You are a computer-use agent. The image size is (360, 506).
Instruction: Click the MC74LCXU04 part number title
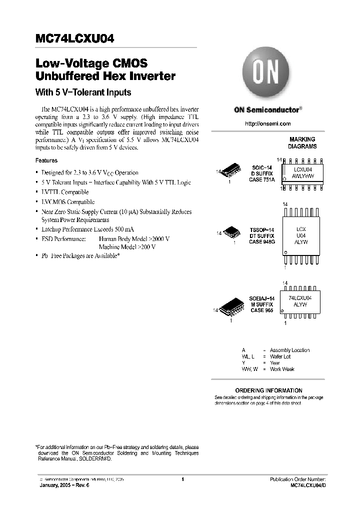coord(77,39)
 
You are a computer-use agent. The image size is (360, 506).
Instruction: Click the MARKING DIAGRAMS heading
coord(302,143)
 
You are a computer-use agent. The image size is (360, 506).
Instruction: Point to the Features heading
coord(46,160)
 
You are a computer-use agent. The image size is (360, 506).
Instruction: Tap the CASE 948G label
coord(262,242)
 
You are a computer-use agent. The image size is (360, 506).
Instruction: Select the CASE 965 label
coord(261,310)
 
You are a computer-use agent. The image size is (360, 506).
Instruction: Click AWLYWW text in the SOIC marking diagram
coord(303,176)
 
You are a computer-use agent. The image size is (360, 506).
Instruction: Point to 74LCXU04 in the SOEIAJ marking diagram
coord(300,297)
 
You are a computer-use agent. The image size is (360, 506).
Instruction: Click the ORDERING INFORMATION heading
coord(268,390)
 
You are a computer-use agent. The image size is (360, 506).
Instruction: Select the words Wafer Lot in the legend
coord(280,356)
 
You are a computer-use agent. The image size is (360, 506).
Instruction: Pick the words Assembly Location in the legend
coord(289,350)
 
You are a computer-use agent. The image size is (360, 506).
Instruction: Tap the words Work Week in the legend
coord(282,369)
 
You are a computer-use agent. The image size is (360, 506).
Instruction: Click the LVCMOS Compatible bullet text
coord(68,202)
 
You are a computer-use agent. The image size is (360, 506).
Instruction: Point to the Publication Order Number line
coord(297,479)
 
